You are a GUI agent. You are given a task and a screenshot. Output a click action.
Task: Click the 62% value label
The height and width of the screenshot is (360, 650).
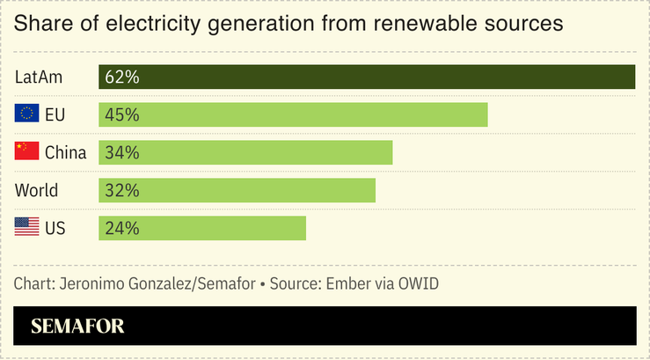pos(121,77)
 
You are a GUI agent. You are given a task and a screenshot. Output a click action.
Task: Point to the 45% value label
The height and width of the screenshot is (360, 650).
pos(121,115)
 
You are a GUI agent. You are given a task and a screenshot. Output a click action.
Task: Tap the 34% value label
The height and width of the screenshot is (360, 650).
pos(121,153)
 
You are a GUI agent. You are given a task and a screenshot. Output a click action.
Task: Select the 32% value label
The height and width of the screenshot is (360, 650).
pos(121,191)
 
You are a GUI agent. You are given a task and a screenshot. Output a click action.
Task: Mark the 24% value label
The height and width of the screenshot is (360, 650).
pos(121,229)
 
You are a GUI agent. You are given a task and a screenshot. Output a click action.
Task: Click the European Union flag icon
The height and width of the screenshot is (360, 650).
pos(26,114)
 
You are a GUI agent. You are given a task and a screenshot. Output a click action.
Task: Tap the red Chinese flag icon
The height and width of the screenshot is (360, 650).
pos(26,152)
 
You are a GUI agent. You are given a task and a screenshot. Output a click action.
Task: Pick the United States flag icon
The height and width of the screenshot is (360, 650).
pos(26,228)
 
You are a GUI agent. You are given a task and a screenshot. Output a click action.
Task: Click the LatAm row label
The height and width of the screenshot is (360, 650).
pos(39,77)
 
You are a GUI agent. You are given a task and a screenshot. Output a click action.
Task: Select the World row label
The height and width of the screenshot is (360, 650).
pos(36,191)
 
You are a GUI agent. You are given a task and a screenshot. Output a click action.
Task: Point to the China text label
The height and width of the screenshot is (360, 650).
pos(66,153)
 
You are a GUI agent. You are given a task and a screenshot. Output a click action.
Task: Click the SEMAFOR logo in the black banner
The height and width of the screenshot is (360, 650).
pos(77,327)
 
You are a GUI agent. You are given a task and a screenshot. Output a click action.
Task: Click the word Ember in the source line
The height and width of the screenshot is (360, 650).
pos(347,284)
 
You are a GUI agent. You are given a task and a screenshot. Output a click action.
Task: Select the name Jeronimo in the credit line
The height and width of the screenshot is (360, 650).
pos(92,284)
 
